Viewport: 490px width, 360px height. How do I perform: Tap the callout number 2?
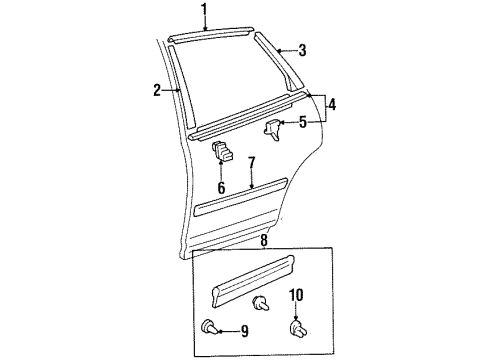[x=157, y=90]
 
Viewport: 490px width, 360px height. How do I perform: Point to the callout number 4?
[x=331, y=103]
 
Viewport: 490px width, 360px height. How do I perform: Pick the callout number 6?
[x=221, y=186]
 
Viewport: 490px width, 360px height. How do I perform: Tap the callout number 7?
[x=252, y=161]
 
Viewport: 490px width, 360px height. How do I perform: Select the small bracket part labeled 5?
[x=274, y=127]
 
